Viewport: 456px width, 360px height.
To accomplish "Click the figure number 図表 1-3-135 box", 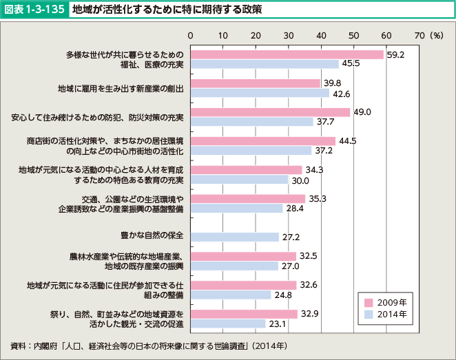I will point(34,10).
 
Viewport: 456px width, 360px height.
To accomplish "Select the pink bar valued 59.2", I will point(287,54).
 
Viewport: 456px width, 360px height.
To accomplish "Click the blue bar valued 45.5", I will point(265,64).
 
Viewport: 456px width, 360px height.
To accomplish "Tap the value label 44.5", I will point(348,141).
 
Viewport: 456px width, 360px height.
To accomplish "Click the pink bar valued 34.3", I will point(246,169).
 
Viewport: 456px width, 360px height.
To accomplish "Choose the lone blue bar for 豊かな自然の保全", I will point(234,237).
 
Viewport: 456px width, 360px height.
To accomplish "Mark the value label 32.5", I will point(309,255).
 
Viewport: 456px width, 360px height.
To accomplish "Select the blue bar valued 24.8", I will point(231,295).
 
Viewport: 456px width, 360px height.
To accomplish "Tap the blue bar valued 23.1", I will point(228,324).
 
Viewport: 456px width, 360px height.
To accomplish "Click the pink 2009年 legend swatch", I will point(369,302).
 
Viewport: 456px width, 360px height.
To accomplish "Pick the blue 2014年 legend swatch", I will point(369,314).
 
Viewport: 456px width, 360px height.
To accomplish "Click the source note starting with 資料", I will point(149,345).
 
